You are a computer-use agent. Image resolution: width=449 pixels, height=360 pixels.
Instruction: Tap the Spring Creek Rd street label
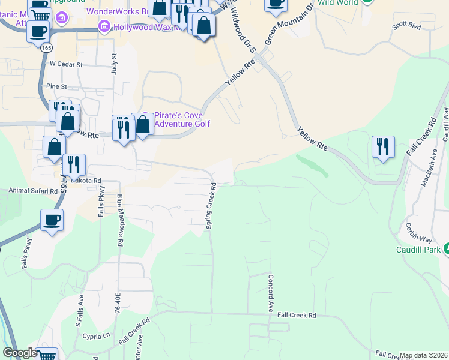coord(211,206)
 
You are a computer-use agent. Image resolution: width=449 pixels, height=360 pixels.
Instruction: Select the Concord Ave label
coord(271,293)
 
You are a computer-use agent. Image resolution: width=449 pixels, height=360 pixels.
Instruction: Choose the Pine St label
coord(56,86)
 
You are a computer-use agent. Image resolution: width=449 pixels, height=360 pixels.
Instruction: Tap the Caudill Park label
coord(418,250)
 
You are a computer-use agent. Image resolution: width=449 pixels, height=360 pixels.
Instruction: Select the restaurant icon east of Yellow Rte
coord(382,146)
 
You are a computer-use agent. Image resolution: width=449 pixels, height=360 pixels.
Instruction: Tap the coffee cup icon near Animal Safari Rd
coord(52,220)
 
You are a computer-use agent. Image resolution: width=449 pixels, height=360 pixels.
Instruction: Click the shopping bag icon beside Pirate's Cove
coord(143,125)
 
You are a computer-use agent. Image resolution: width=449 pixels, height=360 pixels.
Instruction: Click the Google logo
coord(20,353)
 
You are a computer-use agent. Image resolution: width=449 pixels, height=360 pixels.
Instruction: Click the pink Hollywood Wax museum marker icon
coord(104,27)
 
